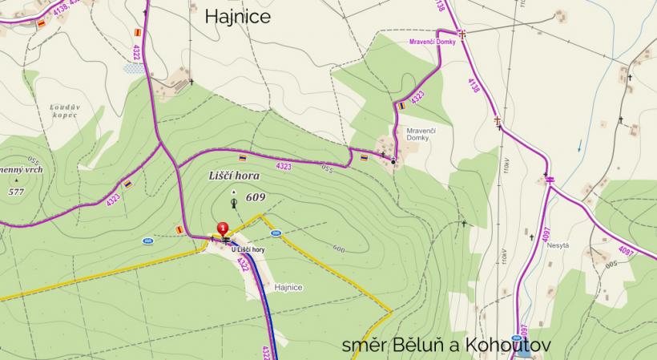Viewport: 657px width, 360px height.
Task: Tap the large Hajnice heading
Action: tap(238, 16)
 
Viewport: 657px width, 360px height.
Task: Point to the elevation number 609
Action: tap(256, 197)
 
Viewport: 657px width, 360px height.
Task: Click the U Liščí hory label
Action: tap(247, 250)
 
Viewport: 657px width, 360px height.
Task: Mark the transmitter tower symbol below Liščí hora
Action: tap(233, 203)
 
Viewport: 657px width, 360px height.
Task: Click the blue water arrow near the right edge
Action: tap(579, 147)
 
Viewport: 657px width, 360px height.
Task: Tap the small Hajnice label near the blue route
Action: tap(288, 286)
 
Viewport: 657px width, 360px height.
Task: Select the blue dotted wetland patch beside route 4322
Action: tap(135, 69)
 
